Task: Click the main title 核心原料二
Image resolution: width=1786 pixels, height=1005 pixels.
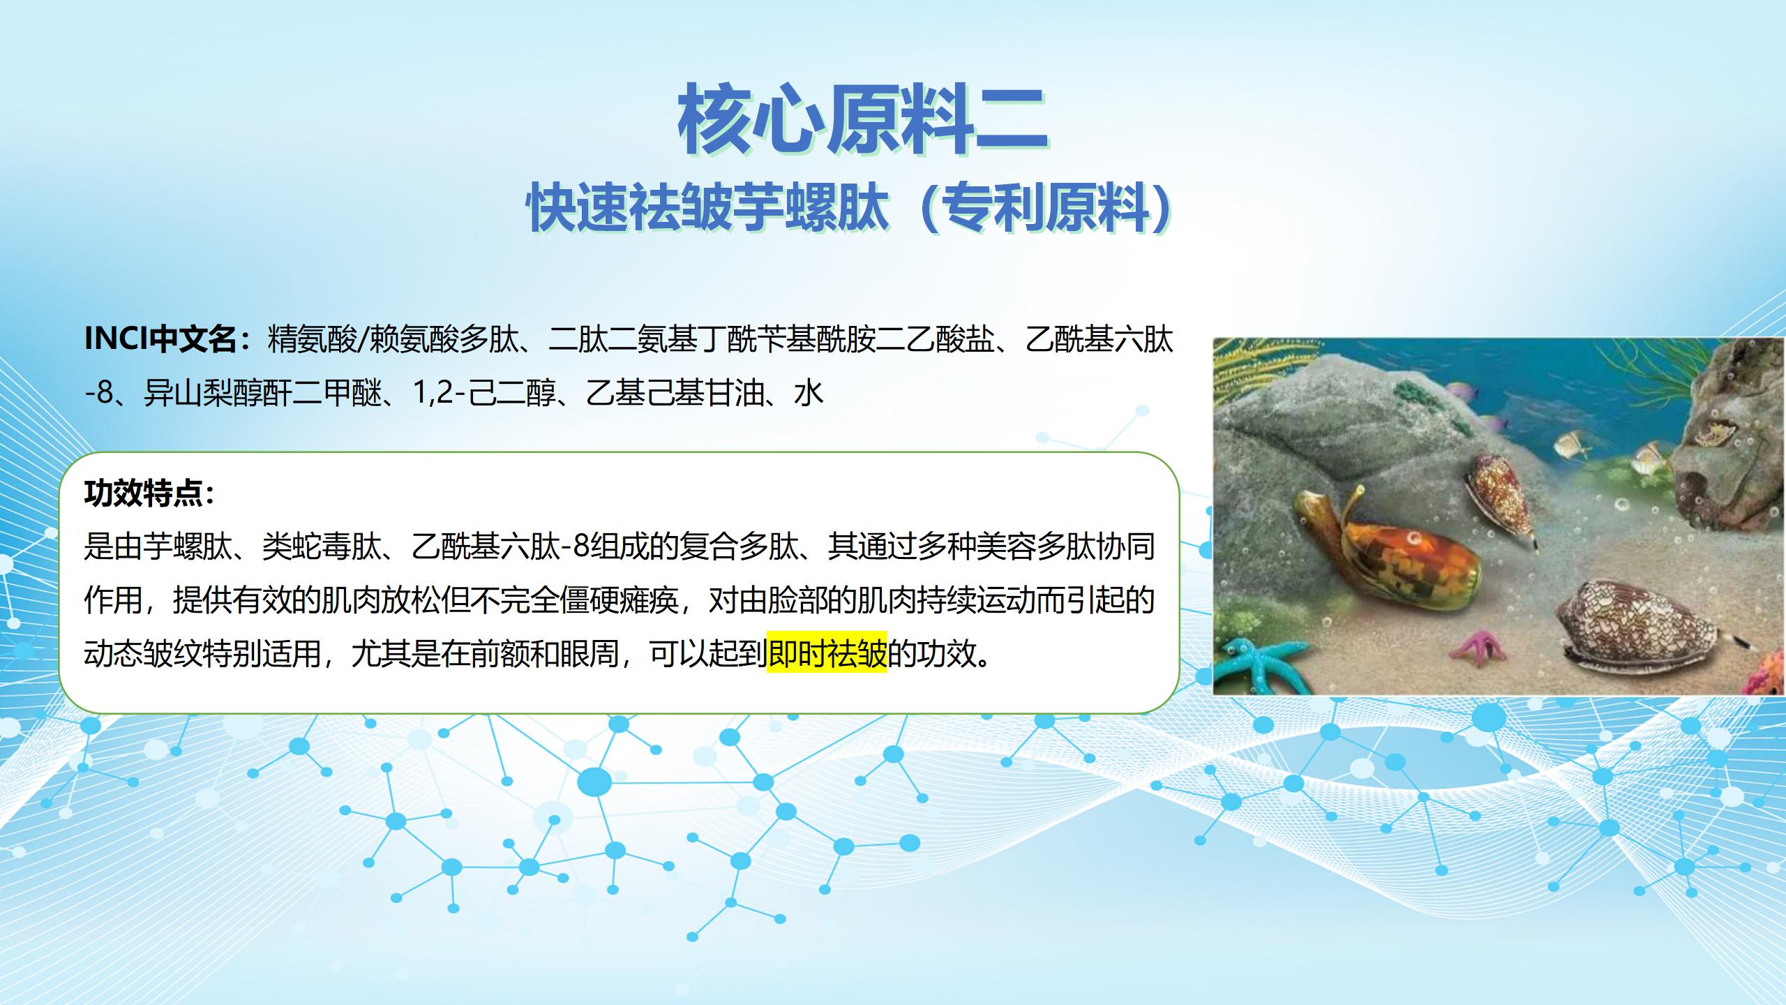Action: pyautogui.click(x=862, y=119)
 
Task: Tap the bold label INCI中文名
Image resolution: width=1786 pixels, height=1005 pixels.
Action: pyautogui.click(x=160, y=340)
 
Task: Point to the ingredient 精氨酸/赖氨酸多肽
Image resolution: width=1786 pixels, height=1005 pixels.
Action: pyautogui.click(x=393, y=340)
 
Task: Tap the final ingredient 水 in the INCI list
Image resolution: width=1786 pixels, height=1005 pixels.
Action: pyautogui.click(x=809, y=394)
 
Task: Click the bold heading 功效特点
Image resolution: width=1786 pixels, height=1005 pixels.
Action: pyautogui.click(x=143, y=493)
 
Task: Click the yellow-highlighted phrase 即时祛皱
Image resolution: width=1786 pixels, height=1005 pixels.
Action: pyautogui.click(x=827, y=653)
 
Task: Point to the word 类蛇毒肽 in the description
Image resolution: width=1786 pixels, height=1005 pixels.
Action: pyautogui.click(x=322, y=546)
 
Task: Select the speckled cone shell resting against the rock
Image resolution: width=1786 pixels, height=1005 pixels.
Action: pyautogui.click(x=1500, y=498)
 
